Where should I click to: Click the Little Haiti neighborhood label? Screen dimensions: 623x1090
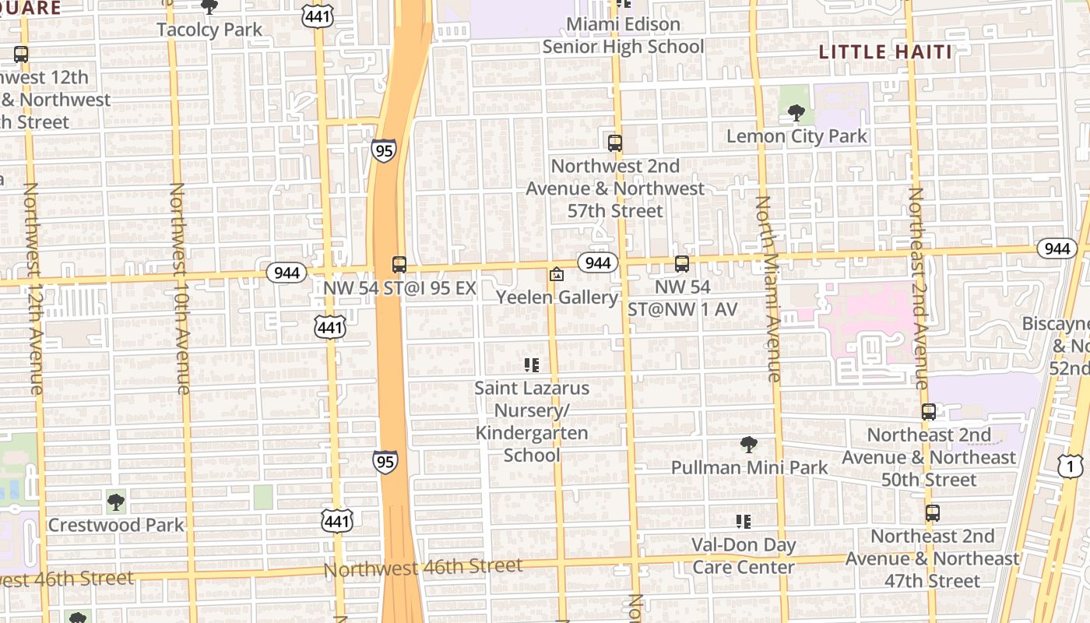pos(885,52)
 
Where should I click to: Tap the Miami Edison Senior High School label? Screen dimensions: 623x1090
pos(623,36)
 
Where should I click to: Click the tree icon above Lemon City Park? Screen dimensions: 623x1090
pos(796,114)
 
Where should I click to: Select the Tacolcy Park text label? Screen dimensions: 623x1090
pos(209,30)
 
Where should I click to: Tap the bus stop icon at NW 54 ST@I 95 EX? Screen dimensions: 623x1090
pos(399,265)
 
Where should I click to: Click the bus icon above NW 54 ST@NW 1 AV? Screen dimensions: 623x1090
pos(682,264)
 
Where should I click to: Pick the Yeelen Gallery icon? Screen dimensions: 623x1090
pos(557,274)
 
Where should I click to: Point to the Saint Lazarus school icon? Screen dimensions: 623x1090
pos(532,365)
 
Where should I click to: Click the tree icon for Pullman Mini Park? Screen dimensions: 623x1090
pos(749,445)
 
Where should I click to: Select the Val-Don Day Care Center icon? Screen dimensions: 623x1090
pos(744,521)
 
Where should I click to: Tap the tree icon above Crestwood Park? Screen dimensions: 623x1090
pos(116,502)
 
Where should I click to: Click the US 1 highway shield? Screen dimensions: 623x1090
pos(1071,466)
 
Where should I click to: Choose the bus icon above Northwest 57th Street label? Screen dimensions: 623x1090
pos(615,143)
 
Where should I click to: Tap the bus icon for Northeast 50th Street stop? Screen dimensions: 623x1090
pos(929,412)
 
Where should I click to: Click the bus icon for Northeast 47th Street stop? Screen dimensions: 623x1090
pos(932,513)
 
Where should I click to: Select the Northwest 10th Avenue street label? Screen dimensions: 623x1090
pos(179,288)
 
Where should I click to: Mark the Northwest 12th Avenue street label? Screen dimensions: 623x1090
pos(33,288)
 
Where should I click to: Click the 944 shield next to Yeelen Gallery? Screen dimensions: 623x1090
pos(597,262)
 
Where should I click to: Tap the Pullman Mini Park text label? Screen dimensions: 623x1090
pos(750,467)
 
